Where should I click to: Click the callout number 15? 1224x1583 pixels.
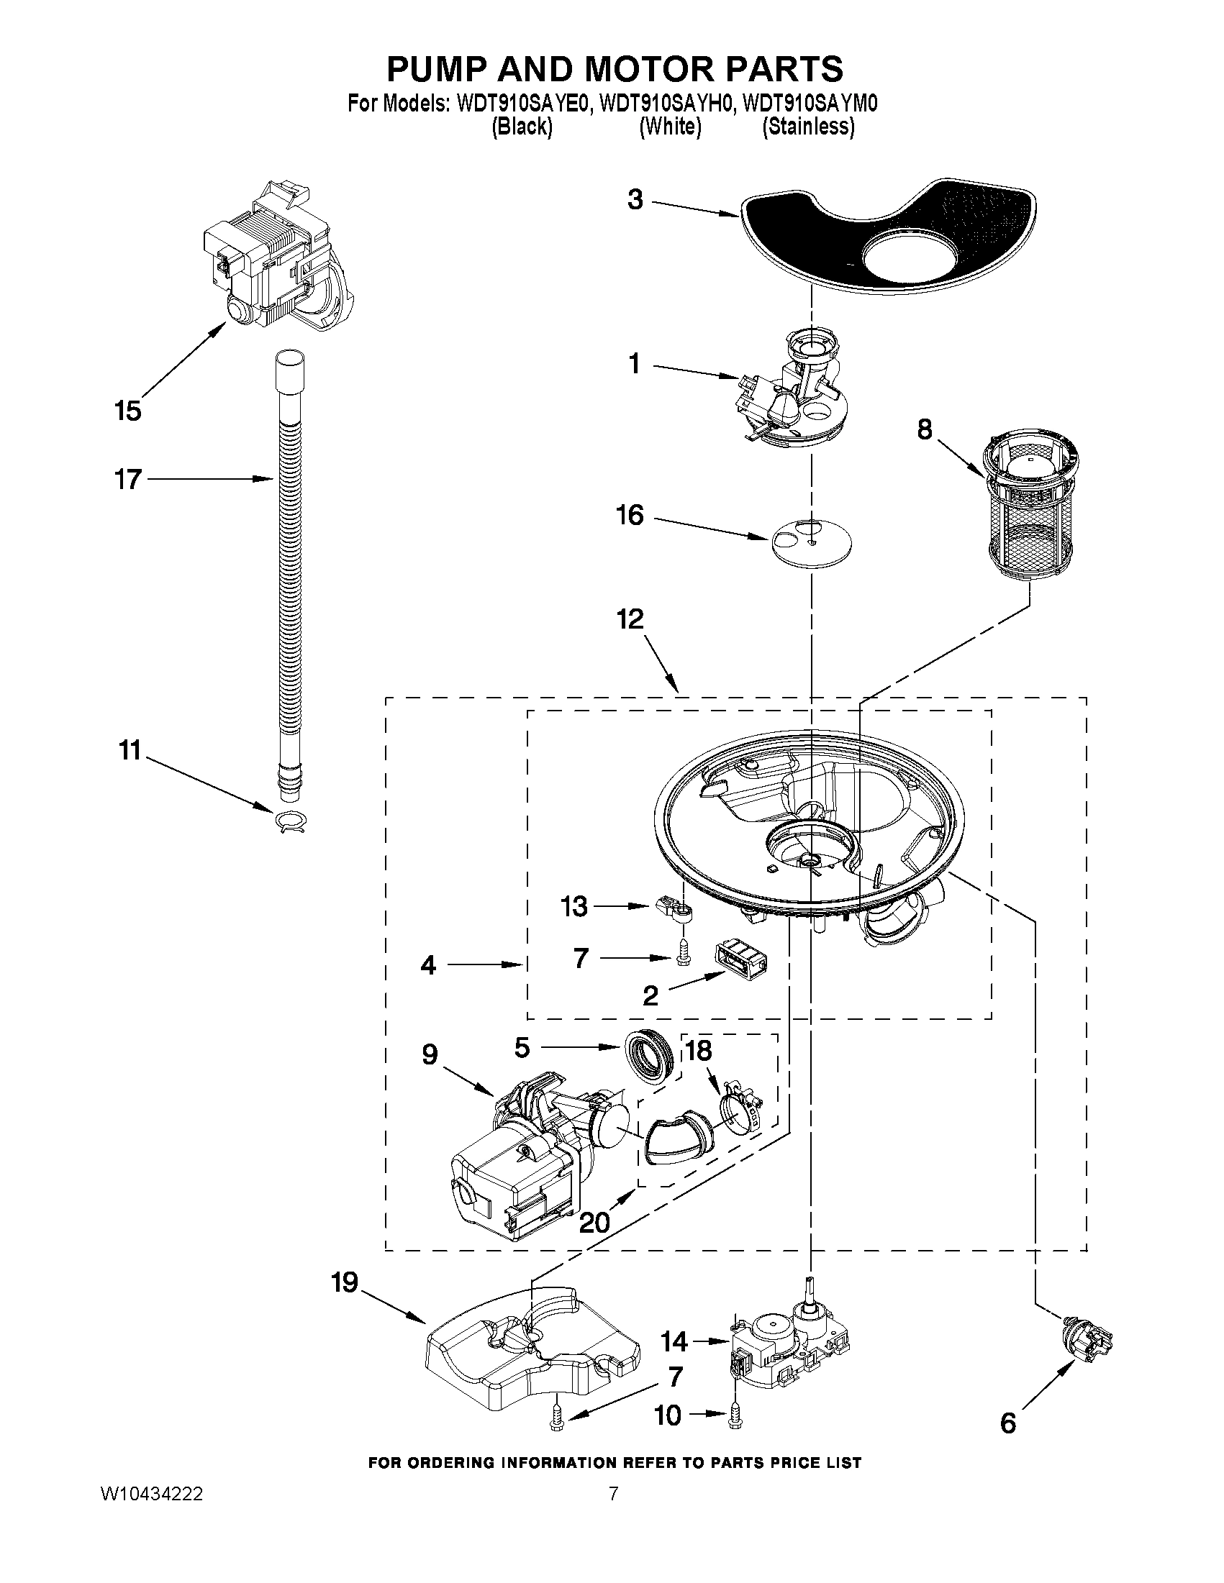coord(127,411)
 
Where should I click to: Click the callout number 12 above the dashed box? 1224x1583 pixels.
coord(630,620)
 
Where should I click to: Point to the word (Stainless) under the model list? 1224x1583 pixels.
coord(808,127)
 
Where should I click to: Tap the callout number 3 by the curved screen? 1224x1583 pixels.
coord(635,199)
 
